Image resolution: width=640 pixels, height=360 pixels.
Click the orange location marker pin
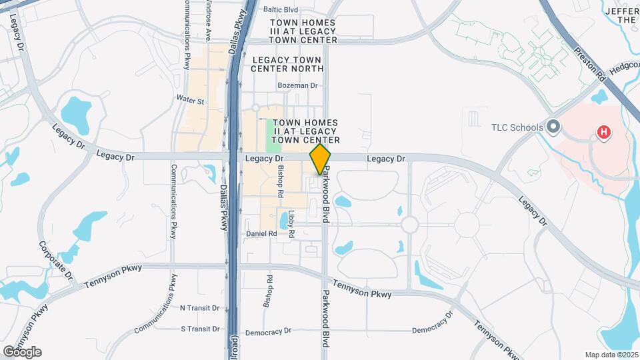click(x=321, y=159)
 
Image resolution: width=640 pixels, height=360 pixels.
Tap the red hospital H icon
click(x=604, y=132)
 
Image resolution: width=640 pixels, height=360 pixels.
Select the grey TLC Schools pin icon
click(x=553, y=127)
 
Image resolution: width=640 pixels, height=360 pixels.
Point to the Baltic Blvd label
click(x=281, y=10)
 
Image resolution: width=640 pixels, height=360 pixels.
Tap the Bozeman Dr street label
click(x=298, y=86)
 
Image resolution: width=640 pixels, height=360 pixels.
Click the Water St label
click(x=190, y=100)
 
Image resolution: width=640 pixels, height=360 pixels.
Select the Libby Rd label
click(x=291, y=224)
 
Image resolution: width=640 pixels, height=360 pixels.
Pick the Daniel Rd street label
click(x=261, y=234)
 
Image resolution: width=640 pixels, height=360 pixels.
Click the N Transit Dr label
click(x=200, y=308)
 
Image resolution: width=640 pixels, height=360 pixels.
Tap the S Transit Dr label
click(x=200, y=329)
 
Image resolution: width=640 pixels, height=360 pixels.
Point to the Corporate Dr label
click(x=55, y=260)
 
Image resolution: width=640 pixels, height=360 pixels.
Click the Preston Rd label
click(x=592, y=64)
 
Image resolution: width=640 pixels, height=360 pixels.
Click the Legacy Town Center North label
click(x=288, y=64)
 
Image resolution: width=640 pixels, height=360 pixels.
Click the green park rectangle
click(x=274, y=135)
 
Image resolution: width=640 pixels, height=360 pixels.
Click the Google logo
click(x=22, y=351)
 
